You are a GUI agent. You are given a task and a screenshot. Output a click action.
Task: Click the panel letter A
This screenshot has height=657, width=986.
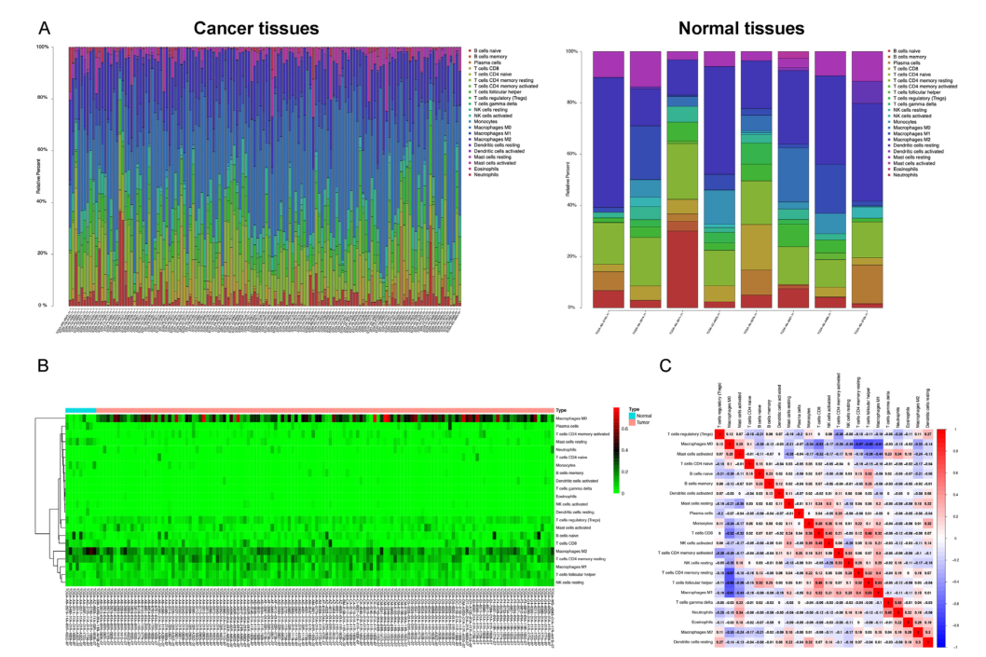pyautogui.click(x=44, y=30)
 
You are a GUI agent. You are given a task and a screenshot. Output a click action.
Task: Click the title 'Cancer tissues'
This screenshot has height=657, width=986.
pyautogui.click(x=257, y=29)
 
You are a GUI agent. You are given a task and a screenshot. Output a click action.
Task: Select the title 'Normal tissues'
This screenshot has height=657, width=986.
pyautogui.click(x=742, y=29)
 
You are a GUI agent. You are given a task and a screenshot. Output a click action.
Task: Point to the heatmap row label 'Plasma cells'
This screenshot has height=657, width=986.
pyautogui.click(x=569, y=427)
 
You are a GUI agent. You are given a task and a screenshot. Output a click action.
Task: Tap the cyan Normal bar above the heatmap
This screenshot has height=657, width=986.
pyautogui.click(x=80, y=409)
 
